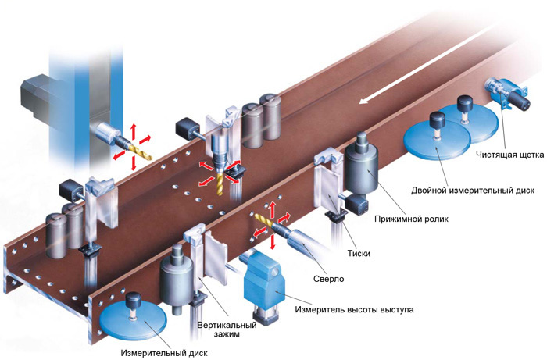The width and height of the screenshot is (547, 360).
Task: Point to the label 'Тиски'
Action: click(360, 253)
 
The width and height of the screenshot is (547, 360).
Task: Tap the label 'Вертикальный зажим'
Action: click(218, 330)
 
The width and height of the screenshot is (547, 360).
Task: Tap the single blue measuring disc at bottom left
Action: click(135, 323)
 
